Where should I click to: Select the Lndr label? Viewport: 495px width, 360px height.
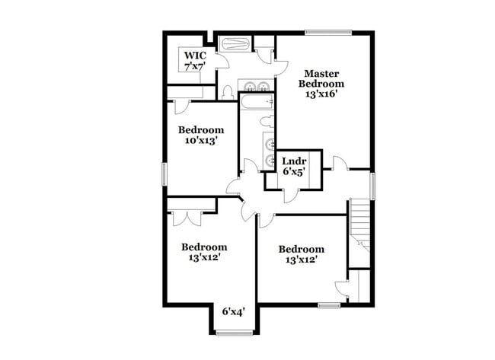pyautogui.click(x=294, y=161)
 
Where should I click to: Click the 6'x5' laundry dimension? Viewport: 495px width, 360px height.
pyautogui.click(x=294, y=173)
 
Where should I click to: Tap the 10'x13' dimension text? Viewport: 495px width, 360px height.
pyautogui.click(x=201, y=141)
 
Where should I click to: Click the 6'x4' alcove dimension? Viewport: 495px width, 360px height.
pyautogui.click(x=233, y=311)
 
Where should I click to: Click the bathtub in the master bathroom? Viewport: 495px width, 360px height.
pyautogui.click(x=236, y=43)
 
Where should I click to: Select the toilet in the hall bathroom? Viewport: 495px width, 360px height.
pyautogui.click(x=266, y=121)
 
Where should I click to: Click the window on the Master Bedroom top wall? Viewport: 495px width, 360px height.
pyautogui.click(x=328, y=32)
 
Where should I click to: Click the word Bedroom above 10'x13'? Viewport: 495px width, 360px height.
pyautogui.click(x=201, y=129)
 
